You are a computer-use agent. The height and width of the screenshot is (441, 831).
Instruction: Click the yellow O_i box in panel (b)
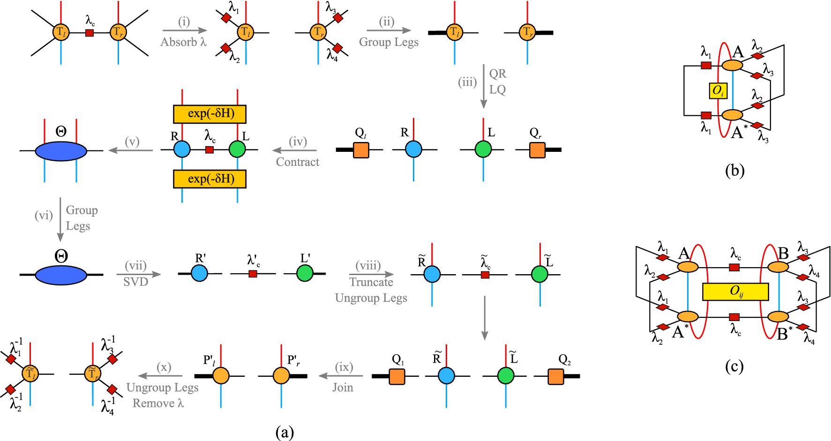(x=718, y=90)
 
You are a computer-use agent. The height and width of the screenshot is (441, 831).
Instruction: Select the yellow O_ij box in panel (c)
(x=735, y=292)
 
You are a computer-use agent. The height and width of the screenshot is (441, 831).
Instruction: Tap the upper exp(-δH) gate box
(x=210, y=114)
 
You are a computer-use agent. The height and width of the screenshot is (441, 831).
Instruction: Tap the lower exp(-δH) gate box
(x=210, y=179)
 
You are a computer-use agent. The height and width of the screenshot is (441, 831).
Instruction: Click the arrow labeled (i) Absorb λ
(x=185, y=31)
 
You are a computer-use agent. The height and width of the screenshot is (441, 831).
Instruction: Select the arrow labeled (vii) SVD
(x=139, y=274)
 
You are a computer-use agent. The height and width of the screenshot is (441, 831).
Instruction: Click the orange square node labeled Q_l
(x=361, y=150)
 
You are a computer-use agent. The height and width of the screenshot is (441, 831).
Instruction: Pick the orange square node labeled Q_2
(x=555, y=376)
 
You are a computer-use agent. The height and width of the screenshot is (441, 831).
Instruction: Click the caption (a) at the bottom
(x=284, y=432)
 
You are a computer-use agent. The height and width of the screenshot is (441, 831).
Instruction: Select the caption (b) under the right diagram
(x=734, y=171)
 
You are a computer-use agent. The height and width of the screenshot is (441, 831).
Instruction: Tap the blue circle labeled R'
(x=200, y=273)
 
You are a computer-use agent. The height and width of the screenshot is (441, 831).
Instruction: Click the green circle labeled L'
(x=305, y=273)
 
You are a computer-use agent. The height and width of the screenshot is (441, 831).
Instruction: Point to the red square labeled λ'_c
(x=253, y=274)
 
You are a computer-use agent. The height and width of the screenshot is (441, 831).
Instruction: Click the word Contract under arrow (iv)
(x=297, y=162)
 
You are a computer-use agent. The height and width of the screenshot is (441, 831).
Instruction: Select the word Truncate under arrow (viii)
(x=371, y=282)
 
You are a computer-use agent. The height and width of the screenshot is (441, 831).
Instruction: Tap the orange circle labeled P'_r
(x=281, y=376)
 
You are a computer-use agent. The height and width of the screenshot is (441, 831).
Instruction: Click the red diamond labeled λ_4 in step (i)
(x=337, y=48)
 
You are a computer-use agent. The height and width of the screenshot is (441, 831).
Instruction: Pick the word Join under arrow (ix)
(x=343, y=388)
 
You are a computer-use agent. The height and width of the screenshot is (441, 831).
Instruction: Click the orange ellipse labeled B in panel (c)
(x=778, y=267)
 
